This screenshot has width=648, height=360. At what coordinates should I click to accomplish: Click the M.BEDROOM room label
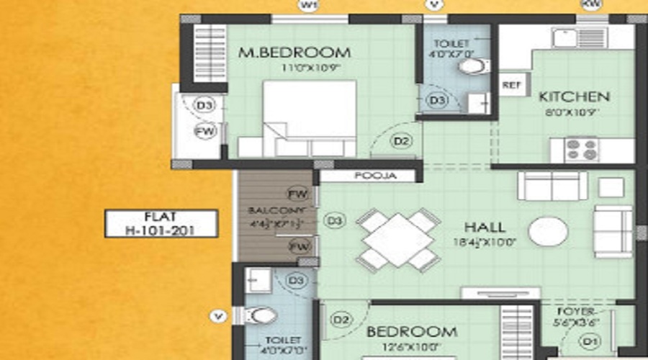(294, 53)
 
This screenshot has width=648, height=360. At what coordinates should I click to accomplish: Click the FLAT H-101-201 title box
(161, 223)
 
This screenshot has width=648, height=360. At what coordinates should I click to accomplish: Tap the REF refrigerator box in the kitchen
(512, 84)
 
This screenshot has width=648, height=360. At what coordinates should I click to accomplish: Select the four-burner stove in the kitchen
(581, 150)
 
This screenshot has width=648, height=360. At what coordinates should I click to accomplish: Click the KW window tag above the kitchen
(592, 5)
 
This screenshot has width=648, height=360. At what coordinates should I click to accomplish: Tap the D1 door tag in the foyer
(590, 339)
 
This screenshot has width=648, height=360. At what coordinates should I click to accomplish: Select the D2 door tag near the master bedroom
(402, 142)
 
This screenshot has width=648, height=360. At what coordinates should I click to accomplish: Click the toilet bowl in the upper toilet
(472, 67)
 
